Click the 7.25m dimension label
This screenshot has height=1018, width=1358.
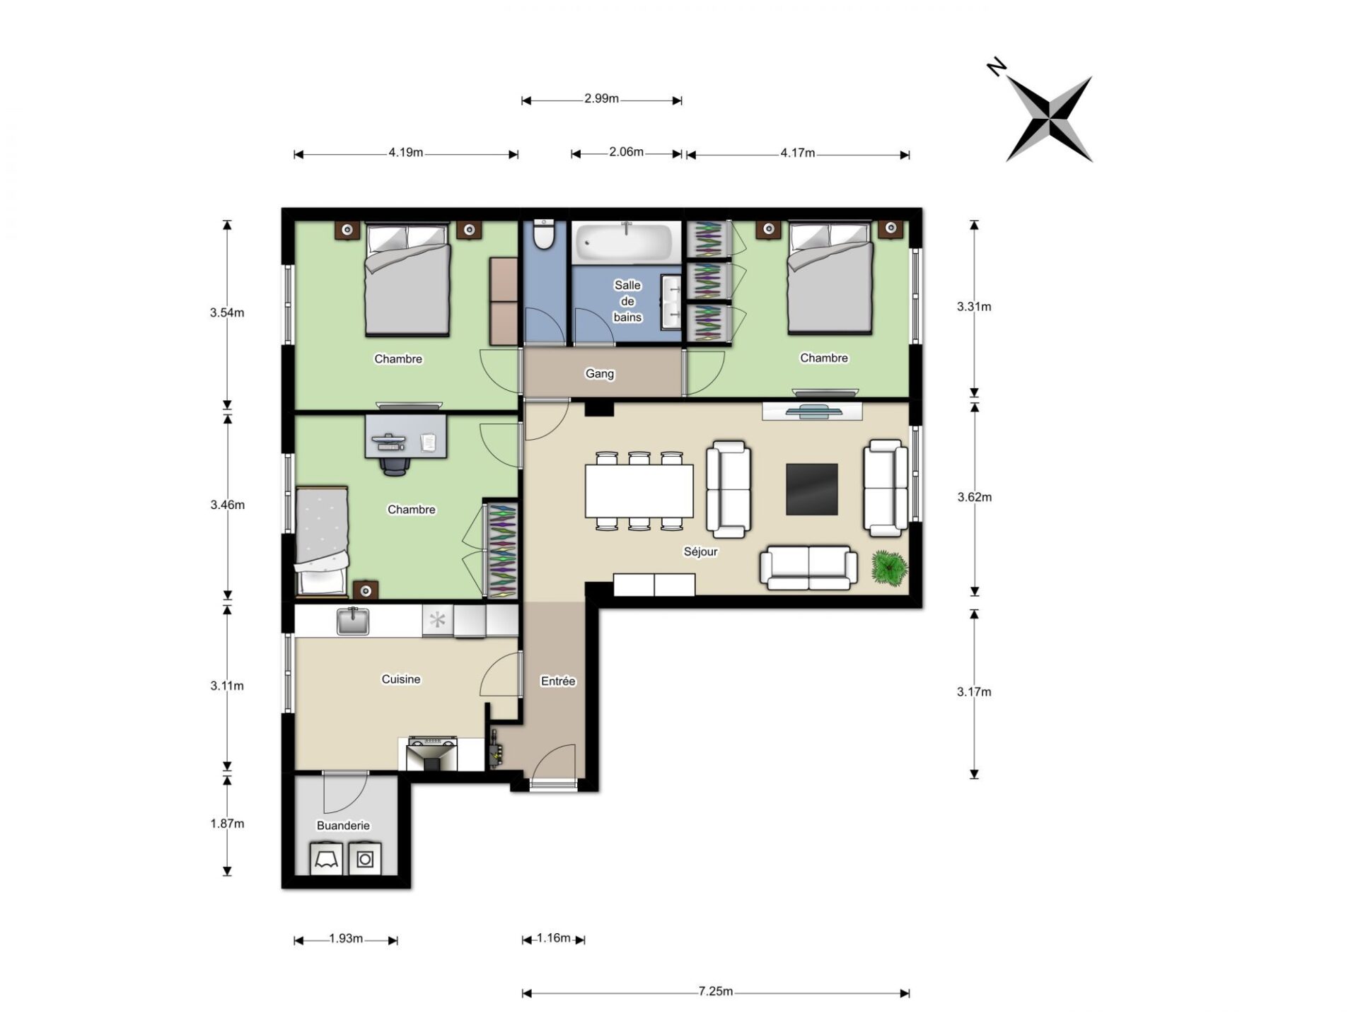(x=715, y=991)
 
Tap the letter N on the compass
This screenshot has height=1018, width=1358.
(x=997, y=67)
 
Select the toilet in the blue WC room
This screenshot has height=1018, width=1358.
(x=544, y=235)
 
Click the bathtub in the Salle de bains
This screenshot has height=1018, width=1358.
(x=626, y=242)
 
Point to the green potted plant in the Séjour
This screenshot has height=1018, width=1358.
(x=889, y=568)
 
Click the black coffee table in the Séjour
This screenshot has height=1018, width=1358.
(x=812, y=489)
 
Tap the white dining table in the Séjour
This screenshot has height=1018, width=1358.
(x=639, y=491)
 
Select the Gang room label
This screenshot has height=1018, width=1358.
(x=600, y=373)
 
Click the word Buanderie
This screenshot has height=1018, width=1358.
(x=343, y=825)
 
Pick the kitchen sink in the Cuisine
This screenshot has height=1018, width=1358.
(x=353, y=621)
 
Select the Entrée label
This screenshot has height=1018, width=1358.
(x=558, y=681)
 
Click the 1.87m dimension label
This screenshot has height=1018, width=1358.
(x=227, y=823)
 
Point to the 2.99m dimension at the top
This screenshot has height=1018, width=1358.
(x=601, y=100)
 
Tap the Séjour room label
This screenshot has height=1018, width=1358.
(x=700, y=551)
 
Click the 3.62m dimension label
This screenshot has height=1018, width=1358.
(x=974, y=497)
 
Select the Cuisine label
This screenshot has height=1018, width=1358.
(x=401, y=679)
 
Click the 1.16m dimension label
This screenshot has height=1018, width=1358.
(x=553, y=938)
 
